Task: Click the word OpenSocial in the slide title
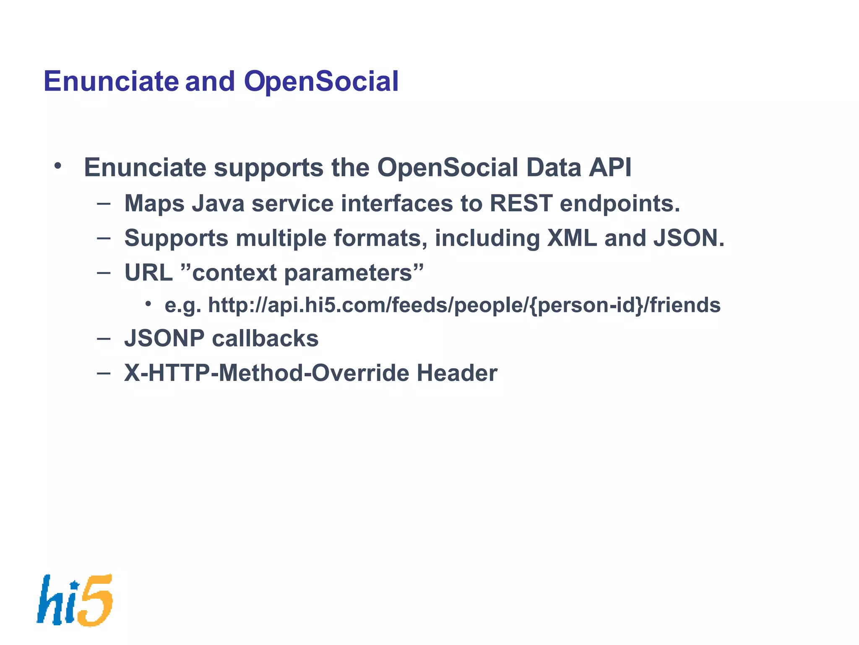[x=321, y=81]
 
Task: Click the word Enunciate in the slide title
[x=111, y=81]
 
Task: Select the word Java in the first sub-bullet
[x=218, y=204]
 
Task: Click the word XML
[x=572, y=238]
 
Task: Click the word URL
[x=148, y=273]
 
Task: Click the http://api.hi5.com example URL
[x=464, y=305]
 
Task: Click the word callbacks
[x=265, y=338]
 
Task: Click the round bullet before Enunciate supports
[x=58, y=166]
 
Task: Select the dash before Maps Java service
[x=103, y=204]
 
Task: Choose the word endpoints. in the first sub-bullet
[x=620, y=204]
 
